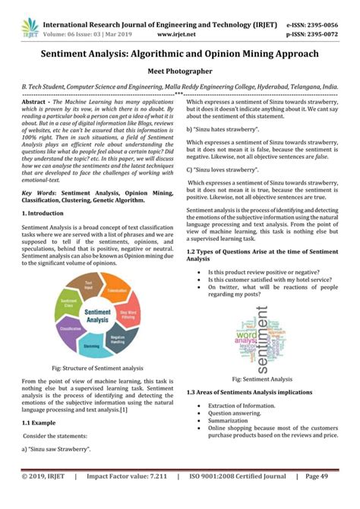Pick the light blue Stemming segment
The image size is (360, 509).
91,345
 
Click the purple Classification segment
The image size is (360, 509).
69,329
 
